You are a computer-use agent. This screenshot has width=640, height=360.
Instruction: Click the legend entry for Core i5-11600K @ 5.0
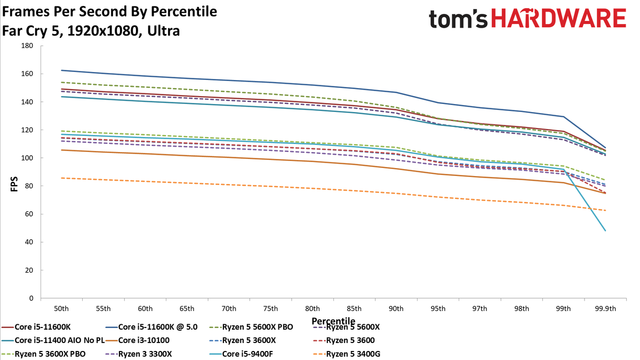[151, 327]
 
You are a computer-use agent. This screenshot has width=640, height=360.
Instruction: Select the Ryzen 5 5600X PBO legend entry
[251, 327]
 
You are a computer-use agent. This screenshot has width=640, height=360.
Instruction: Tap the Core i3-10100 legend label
[138, 340]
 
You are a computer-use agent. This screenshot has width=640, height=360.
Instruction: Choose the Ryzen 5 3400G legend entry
[347, 354]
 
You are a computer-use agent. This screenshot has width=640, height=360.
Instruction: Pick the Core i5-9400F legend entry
[241, 354]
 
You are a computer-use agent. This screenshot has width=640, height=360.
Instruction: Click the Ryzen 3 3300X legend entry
[139, 354]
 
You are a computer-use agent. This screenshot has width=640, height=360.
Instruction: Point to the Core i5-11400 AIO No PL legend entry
[53, 340]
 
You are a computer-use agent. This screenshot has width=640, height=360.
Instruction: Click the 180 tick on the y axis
[27, 46]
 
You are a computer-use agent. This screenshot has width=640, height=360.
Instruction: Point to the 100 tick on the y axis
[27, 158]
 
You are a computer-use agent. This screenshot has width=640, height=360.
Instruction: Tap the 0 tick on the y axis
[31, 298]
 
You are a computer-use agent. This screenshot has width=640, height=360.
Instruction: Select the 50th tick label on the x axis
[61, 309]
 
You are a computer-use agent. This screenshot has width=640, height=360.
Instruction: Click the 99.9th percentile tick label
[605, 309]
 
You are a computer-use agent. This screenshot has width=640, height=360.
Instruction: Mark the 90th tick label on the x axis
[396, 309]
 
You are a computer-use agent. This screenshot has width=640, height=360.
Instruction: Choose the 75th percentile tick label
[270, 309]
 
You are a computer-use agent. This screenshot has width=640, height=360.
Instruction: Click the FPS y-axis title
[14, 185]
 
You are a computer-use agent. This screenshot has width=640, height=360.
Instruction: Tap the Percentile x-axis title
[333, 321]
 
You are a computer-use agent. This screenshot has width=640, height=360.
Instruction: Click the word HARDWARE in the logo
[559, 18]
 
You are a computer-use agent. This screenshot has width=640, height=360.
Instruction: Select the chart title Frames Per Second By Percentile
[109, 12]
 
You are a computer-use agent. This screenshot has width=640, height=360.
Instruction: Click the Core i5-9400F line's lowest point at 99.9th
[605, 230]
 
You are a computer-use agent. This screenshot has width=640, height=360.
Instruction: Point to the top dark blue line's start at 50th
[61, 70]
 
